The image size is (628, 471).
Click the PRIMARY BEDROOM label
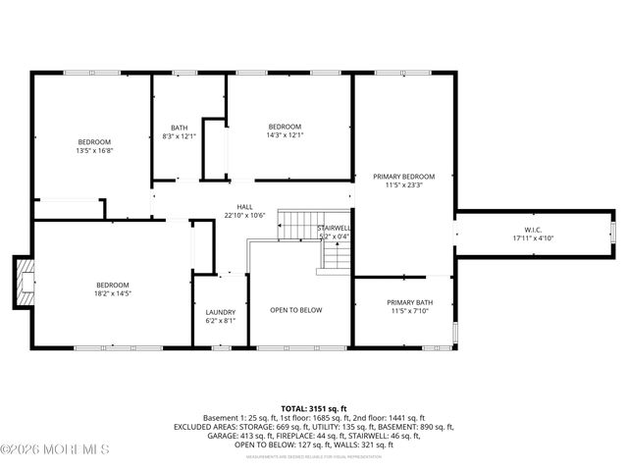(403, 177)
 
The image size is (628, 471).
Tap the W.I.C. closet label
(533, 230)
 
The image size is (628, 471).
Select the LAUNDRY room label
(220, 312)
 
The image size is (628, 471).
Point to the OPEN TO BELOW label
(296, 310)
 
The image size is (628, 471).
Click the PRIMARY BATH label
(409, 302)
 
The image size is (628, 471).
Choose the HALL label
(244, 207)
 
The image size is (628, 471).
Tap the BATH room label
(179, 128)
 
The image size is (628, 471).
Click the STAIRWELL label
(335, 228)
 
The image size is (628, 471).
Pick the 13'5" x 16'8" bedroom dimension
(94, 150)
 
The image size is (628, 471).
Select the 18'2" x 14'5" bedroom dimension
(113, 293)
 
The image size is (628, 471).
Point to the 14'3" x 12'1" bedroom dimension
(286, 135)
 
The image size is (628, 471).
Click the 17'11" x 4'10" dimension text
(533, 238)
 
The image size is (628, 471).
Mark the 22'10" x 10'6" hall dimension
(244, 216)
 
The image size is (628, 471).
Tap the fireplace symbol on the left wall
(24, 283)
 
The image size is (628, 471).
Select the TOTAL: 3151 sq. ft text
(313, 408)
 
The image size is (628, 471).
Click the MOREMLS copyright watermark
(56, 449)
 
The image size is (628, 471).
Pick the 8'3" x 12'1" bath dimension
(179, 136)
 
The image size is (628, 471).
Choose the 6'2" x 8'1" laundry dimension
(220, 321)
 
